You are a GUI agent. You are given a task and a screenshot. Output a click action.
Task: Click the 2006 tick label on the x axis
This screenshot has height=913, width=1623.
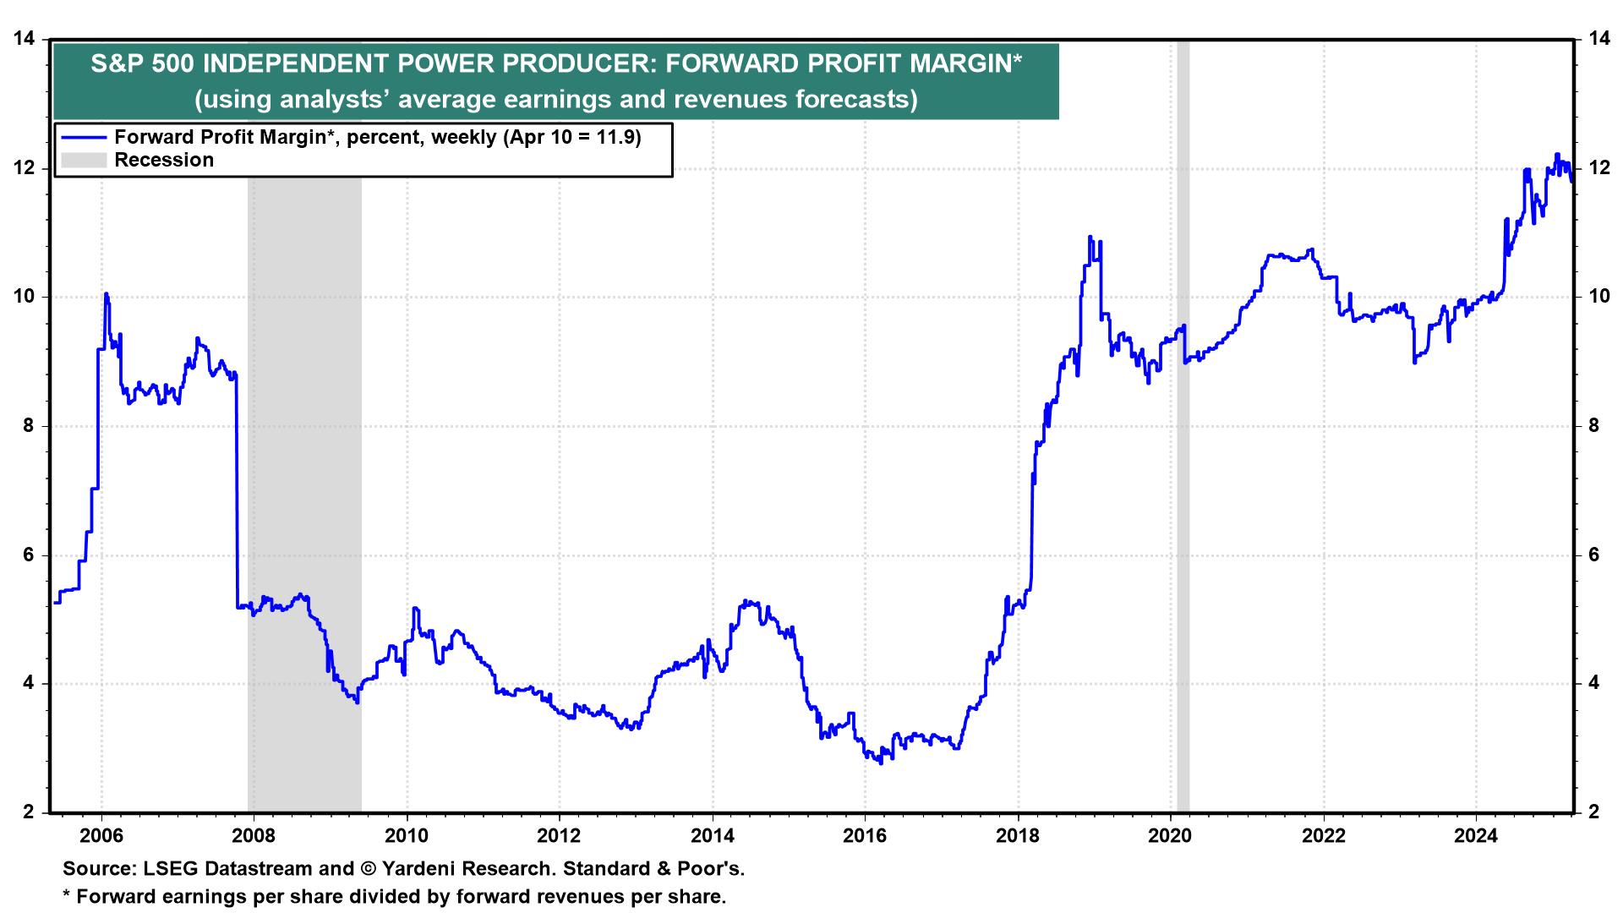(x=101, y=836)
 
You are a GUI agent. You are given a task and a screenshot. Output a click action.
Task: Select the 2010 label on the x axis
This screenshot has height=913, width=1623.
(x=407, y=836)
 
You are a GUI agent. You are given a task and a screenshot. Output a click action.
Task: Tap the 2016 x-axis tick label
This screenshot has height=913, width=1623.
(x=865, y=836)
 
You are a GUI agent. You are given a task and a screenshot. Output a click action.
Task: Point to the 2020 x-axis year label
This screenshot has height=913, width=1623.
(x=1170, y=836)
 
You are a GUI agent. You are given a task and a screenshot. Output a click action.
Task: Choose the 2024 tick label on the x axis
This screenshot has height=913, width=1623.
(x=1475, y=836)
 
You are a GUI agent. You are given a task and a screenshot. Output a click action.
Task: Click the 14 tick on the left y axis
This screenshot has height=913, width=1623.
(x=25, y=39)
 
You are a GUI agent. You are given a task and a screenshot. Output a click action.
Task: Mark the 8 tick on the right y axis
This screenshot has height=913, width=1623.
(x=1593, y=426)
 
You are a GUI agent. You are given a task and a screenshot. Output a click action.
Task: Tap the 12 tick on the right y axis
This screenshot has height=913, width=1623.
(x=1598, y=168)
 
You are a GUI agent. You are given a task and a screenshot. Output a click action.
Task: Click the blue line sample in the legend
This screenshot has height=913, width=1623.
(x=84, y=138)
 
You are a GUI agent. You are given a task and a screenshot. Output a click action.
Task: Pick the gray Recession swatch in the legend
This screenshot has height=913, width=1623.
(x=84, y=161)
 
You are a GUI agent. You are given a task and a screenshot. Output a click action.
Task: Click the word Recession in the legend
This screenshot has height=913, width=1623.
(x=164, y=161)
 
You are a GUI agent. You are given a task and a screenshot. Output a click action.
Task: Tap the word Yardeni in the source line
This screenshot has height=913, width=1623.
(x=423, y=869)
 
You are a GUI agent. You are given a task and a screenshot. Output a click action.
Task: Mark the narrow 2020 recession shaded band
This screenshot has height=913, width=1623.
(x=1183, y=423)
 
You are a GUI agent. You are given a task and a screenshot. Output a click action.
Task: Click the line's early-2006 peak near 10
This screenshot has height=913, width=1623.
(x=106, y=294)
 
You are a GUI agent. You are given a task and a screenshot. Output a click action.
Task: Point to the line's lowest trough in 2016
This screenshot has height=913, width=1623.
(x=880, y=763)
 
